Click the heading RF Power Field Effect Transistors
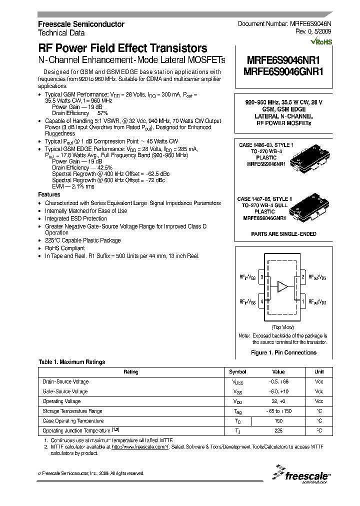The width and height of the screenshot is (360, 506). [x=122, y=48]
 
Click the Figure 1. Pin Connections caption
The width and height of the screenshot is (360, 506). [x=282, y=352]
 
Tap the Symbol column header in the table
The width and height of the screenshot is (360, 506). [x=237, y=371]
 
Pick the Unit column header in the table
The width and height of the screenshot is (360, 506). [x=318, y=371]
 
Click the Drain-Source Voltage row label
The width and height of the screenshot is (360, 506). [x=65, y=381]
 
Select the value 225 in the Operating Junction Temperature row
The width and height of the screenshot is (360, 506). [x=278, y=430]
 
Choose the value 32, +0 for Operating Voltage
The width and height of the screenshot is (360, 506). [x=278, y=401]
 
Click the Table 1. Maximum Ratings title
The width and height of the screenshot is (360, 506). [x=72, y=362]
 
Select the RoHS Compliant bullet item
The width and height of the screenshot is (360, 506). [x=65, y=248]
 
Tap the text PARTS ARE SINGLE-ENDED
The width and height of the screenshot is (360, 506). [x=282, y=234]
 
